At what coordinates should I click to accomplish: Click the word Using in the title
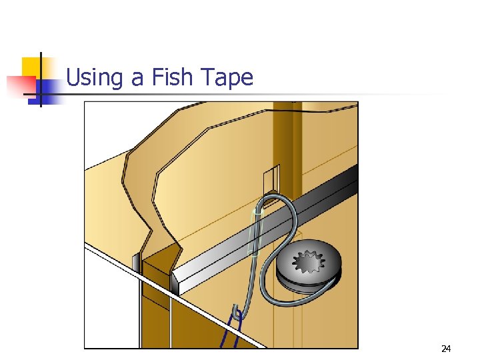94,77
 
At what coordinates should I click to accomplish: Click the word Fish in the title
172,77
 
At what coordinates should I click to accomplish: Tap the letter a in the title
137,79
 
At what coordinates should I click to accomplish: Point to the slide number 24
446,349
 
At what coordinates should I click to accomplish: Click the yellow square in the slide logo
31,67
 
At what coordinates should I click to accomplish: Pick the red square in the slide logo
21,85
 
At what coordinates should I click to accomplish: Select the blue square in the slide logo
45,92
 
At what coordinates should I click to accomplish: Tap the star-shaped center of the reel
309,261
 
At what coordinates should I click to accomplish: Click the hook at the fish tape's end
237,312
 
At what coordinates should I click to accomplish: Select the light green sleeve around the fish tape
256,233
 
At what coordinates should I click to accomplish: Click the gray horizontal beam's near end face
175,283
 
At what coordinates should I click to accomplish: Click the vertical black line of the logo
41,79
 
